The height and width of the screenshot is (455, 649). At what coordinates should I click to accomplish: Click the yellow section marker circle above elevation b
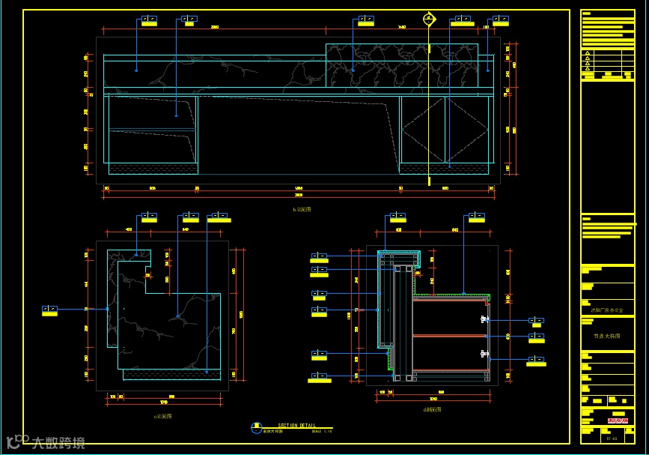click(429, 19)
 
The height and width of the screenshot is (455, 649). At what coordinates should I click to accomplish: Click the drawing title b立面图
click(302, 210)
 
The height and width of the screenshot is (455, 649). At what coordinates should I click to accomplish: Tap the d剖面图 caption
click(432, 410)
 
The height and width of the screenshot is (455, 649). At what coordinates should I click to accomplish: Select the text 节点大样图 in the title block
click(607, 337)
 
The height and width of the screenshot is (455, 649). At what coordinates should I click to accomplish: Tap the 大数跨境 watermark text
click(58, 442)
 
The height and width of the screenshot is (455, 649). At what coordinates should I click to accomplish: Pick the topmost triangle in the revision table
click(588, 53)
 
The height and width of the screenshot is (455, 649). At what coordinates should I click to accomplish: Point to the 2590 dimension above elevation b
click(214, 28)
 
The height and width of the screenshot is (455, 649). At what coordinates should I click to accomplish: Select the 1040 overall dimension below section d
click(433, 399)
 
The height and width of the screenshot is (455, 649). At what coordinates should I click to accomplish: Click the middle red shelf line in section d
click(449, 336)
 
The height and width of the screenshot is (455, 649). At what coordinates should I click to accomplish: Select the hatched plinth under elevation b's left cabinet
click(153, 168)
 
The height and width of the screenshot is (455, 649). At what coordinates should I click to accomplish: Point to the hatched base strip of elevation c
click(171, 373)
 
